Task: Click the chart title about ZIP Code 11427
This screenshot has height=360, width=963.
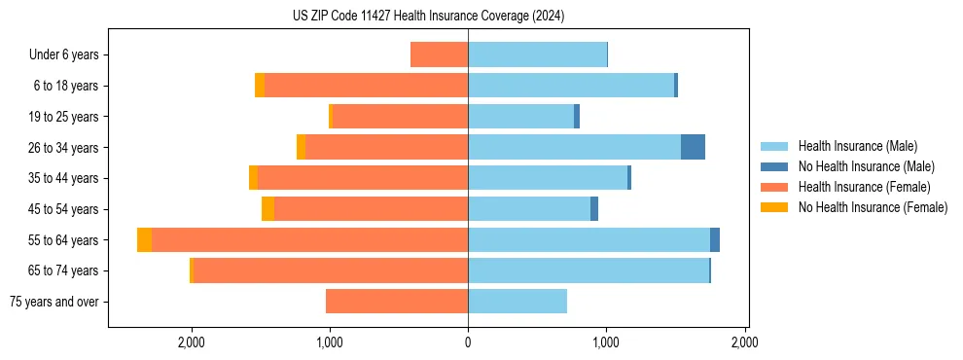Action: (428, 17)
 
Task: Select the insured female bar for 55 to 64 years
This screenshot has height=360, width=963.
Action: (309, 239)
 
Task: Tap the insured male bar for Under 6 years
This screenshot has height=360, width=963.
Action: (537, 54)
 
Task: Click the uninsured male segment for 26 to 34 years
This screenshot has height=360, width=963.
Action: (693, 147)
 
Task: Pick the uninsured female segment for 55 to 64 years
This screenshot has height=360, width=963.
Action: (144, 239)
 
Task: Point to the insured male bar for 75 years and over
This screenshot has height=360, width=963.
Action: (517, 302)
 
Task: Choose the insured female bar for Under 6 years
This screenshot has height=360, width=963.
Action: (439, 54)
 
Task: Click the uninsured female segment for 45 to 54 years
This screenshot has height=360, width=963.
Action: (267, 208)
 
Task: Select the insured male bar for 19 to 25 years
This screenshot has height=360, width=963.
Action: (520, 116)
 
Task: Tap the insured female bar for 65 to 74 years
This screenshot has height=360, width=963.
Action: (331, 270)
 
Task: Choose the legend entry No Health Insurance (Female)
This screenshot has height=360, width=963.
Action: (873, 206)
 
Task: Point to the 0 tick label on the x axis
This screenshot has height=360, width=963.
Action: (468, 342)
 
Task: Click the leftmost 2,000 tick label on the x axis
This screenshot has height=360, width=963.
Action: (191, 342)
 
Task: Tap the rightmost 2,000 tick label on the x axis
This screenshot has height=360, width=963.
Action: (744, 342)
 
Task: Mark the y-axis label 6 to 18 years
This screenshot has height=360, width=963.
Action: (65, 86)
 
